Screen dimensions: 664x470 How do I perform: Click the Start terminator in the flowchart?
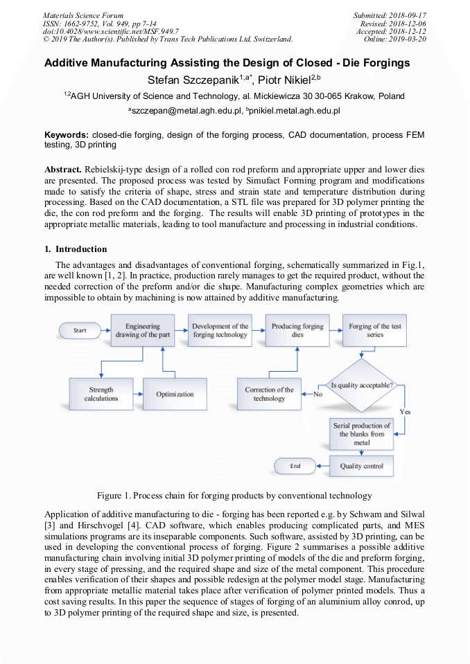[80, 330]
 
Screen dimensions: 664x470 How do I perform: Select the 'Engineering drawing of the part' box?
[143, 330]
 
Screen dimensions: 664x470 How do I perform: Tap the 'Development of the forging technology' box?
[220, 330]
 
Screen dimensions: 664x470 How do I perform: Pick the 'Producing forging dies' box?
[297, 330]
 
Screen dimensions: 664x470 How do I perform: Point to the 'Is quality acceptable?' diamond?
[362, 384]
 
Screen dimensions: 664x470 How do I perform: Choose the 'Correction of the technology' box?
[269, 394]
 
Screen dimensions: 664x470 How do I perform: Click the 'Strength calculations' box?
[101, 394]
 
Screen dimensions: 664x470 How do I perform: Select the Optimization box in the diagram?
[175, 394]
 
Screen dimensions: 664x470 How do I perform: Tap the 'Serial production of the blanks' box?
[361, 434]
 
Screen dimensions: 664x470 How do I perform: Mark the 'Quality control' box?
[361, 466]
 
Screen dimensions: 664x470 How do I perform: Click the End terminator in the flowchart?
[295, 466]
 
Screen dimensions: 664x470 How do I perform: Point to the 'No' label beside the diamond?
[318, 394]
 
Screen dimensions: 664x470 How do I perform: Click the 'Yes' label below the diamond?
[405, 411]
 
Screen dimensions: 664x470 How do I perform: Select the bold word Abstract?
[63, 169]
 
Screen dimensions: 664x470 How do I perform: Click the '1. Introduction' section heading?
[76, 249]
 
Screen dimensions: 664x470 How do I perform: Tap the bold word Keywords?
[66, 134]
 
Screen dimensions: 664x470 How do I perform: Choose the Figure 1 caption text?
[234, 496]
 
